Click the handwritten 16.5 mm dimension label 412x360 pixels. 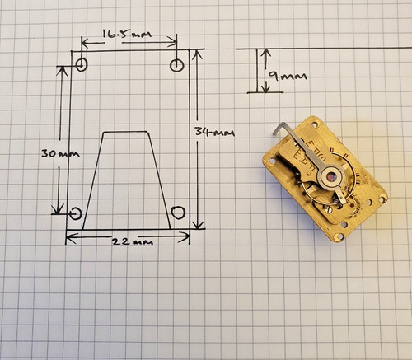(127, 35)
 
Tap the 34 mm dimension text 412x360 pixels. (215, 133)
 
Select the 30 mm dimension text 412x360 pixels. (60, 153)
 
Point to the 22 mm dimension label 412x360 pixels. (133, 241)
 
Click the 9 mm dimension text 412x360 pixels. (288, 75)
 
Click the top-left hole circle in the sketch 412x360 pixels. (82, 65)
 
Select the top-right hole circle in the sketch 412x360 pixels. (177, 65)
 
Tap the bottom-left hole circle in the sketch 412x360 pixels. (75, 213)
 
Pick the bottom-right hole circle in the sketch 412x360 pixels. (178, 213)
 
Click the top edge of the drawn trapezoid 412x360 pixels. (126, 133)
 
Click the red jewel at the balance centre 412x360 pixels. (331, 178)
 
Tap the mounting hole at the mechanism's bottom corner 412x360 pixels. (339, 236)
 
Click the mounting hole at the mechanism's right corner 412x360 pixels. (382, 198)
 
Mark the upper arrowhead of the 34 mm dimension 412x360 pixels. (197, 54)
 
